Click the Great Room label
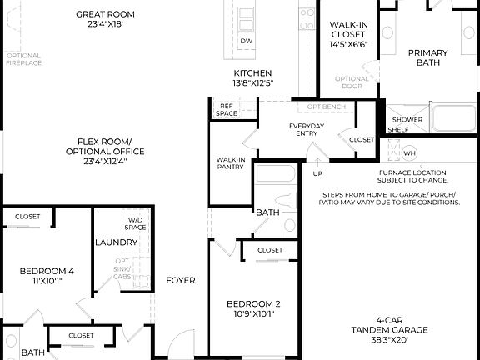106,14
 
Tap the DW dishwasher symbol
247,41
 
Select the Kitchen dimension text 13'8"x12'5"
253,84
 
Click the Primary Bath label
427,57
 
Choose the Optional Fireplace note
23,60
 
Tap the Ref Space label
227,109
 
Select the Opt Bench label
327,107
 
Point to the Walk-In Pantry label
230,162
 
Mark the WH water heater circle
409,153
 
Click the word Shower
407,119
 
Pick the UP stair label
317,173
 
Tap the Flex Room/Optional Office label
106,147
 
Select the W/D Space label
136,222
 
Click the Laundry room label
116,242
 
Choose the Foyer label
181,280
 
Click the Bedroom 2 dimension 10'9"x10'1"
254,314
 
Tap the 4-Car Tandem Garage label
389,324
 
